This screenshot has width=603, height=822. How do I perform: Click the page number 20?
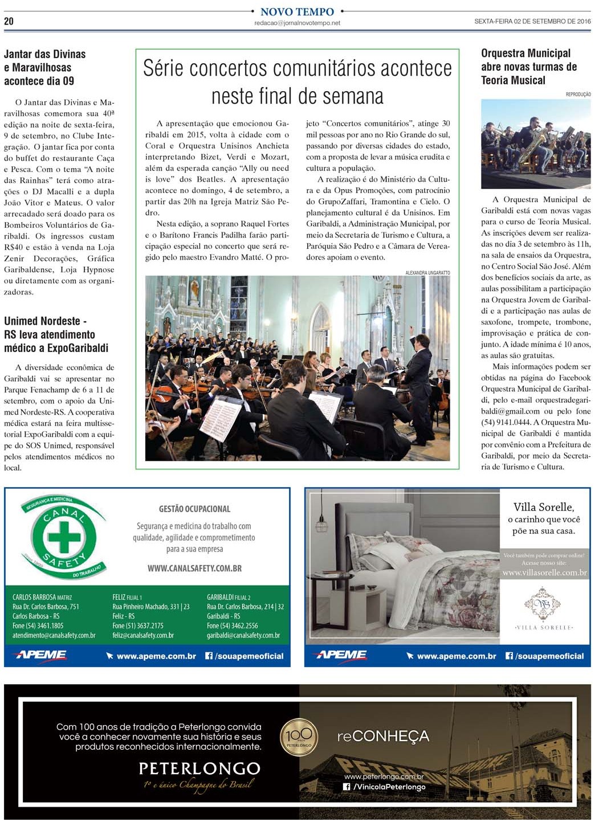9,21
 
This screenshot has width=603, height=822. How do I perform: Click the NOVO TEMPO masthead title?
297,12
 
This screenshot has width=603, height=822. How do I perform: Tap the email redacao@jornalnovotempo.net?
297,23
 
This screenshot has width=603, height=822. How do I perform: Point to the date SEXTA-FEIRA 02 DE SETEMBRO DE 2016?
532,21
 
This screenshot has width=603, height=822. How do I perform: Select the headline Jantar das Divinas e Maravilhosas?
45,68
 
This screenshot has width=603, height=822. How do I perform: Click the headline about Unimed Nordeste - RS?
56,334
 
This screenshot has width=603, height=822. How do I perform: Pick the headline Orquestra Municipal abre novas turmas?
529,67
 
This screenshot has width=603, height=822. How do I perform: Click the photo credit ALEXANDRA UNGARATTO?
427,273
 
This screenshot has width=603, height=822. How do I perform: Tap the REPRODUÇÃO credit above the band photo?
578,95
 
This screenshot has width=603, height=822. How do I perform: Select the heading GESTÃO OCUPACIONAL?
194,509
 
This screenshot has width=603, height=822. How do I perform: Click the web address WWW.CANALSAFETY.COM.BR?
194,569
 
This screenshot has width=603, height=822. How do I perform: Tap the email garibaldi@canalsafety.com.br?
243,635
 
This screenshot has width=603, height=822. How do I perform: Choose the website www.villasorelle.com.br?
544,573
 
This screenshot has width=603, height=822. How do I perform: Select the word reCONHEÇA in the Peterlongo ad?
383,737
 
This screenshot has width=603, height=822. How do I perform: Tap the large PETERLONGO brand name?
199,768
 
